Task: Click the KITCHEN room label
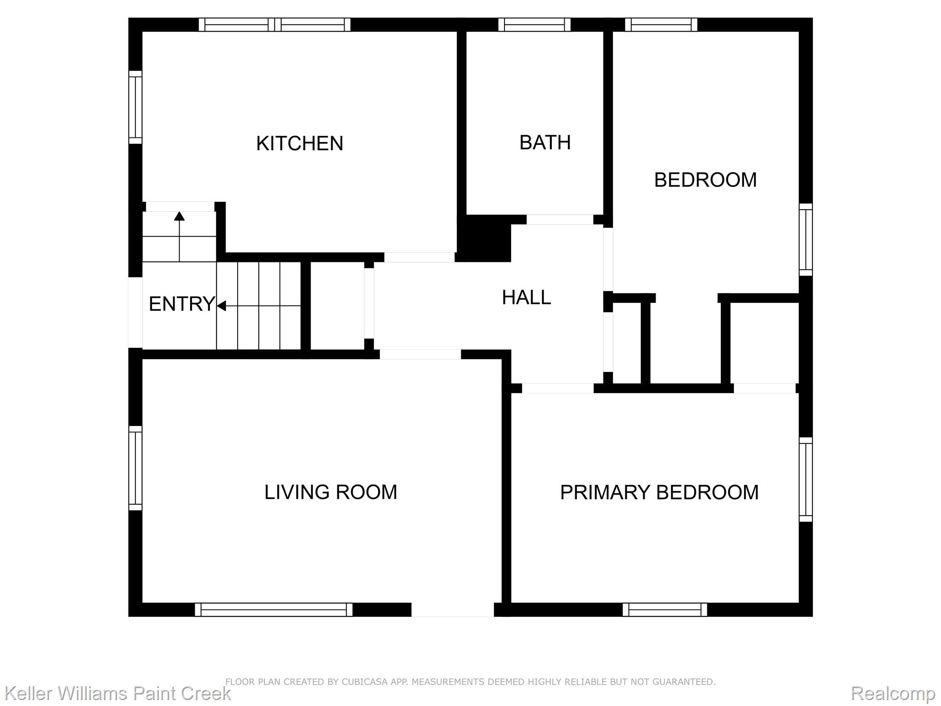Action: pos(300,143)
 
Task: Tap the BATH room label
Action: pos(545,142)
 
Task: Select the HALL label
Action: pos(526,297)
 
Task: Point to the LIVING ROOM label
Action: pos(330,492)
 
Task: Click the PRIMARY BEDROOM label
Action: pos(659,492)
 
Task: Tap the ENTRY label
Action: pos(182,304)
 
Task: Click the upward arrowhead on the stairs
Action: pos(179,216)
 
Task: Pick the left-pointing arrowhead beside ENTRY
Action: pos(221,306)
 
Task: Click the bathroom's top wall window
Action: pos(534,25)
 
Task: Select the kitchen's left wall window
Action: pos(135,107)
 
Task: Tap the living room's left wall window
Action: pos(135,468)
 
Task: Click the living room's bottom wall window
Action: pos(274,609)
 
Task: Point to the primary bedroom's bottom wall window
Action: pos(665,609)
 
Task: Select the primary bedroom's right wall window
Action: pos(806,479)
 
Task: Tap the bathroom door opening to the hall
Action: pos(560,220)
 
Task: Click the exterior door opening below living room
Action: pos(453,609)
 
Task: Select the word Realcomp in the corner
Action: pos(893,693)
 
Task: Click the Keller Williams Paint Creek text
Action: pos(118,693)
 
